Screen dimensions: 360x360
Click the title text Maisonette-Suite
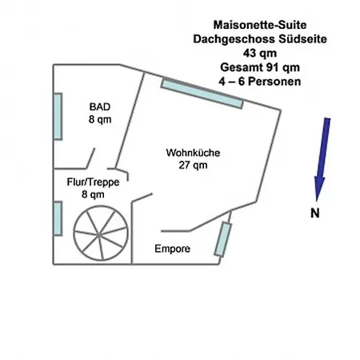coord(260,25)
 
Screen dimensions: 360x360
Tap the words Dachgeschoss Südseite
coord(260,39)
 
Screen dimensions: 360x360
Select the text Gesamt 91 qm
coord(260,67)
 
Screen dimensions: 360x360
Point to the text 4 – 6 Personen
coord(260,82)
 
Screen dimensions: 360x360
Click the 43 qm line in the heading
coord(260,53)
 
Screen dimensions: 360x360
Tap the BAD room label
coord(100,106)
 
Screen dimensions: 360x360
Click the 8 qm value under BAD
coord(100,119)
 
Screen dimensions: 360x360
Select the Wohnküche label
coord(193,153)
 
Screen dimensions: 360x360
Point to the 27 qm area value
coord(193,165)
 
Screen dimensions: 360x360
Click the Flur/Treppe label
coord(93,182)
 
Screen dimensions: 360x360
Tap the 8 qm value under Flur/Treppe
coord(93,194)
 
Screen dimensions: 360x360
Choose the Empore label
coord(172,249)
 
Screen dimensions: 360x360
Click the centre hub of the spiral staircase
coord(99,235)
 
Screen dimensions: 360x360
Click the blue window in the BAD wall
coord(58,116)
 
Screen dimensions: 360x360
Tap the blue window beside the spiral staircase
coord(58,218)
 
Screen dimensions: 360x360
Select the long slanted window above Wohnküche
coord(202,93)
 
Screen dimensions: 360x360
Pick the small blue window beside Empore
coord(223,239)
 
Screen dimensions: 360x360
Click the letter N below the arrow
coord(315,213)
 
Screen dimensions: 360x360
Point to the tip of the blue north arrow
coord(317,201)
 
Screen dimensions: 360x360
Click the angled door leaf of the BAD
coord(90,158)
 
